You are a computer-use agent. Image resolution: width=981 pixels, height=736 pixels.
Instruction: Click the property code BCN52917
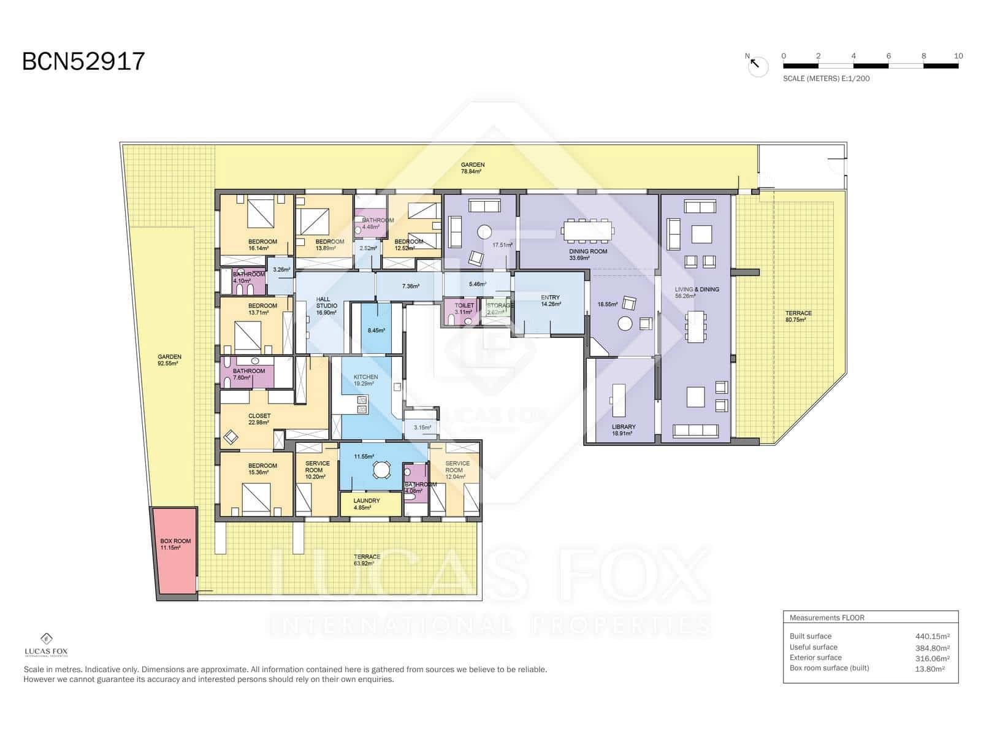(x=83, y=62)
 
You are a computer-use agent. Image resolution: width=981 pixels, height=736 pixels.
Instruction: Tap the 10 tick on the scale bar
(x=958, y=56)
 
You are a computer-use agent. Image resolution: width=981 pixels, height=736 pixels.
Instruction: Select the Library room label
(x=624, y=427)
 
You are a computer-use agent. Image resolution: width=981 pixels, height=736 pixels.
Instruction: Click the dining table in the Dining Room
(x=587, y=231)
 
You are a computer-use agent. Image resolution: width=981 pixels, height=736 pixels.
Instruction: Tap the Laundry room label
(x=367, y=501)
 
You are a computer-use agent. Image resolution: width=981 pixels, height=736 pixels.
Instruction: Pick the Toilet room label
(x=464, y=305)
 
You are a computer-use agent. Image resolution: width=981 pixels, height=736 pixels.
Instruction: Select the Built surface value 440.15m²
(x=932, y=637)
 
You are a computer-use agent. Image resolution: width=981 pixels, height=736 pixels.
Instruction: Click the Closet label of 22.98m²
(x=259, y=416)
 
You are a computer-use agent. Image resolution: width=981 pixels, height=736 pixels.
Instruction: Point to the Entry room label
(x=550, y=297)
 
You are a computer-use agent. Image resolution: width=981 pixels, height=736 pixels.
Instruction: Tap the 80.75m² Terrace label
(x=798, y=313)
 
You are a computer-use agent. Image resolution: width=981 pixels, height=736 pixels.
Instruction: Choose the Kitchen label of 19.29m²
(x=365, y=377)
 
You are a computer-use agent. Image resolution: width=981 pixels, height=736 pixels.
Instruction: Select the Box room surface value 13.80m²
(x=929, y=669)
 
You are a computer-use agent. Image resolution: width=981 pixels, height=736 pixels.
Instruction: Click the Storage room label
(x=500, y=305)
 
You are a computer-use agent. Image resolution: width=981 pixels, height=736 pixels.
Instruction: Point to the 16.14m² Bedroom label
(x=262, y=242)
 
